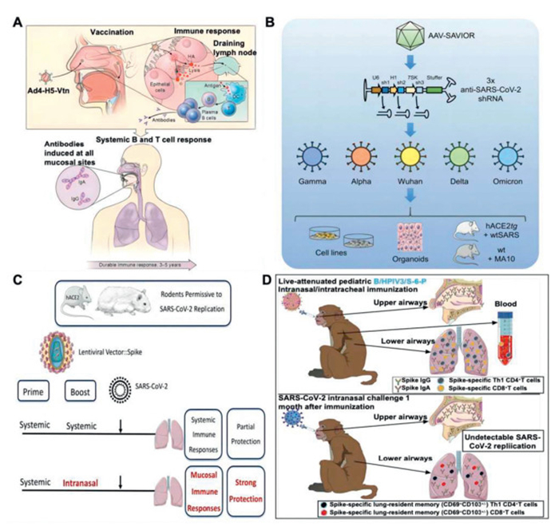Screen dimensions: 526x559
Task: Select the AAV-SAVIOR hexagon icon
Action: pos(415,36)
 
